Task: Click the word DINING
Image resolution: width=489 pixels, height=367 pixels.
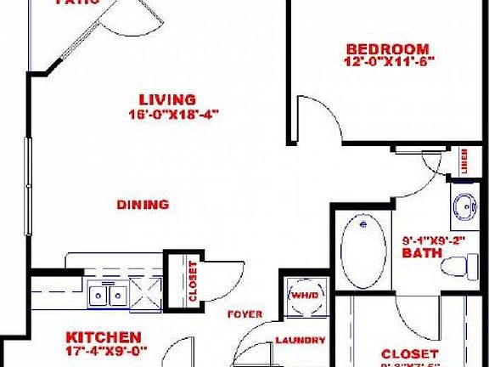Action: (143, 205)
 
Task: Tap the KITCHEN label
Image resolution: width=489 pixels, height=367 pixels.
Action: (104, 336)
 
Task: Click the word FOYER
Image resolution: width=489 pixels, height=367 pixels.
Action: (244, 314)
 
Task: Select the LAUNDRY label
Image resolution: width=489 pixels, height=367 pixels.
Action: (301, 341)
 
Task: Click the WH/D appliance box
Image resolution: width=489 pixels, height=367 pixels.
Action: (303, 295)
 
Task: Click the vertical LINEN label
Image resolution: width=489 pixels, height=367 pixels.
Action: (466, 161)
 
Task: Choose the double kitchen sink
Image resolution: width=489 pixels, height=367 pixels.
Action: (109, 296)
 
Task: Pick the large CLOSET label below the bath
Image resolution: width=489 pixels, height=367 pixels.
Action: (409, 353)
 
